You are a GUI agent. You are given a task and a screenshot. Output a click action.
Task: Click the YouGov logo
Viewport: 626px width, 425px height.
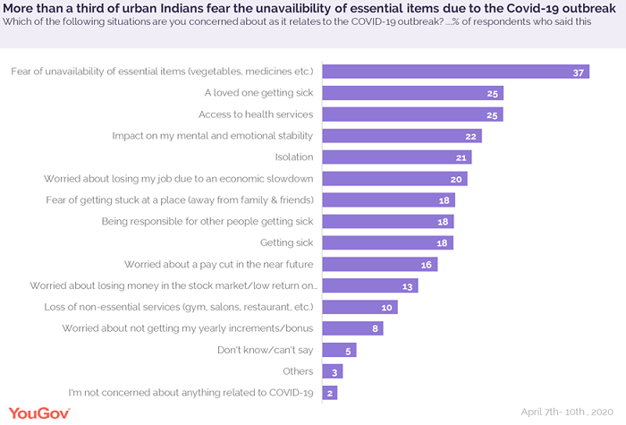coord(37,412)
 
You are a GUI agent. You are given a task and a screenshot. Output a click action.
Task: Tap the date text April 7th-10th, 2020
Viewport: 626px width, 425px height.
coord(569,412)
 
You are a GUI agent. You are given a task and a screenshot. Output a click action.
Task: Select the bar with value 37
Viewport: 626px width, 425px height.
coord(455,72)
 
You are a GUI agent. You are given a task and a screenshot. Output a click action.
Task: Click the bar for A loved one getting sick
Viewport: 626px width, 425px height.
coord(412,93)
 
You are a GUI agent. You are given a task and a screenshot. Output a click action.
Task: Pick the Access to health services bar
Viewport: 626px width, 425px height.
coord(412,115)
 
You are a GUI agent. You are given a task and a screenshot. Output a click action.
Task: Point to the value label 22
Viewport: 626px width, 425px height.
coord(470,136)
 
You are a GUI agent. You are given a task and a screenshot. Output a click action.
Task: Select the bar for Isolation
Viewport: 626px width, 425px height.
coord(396,157)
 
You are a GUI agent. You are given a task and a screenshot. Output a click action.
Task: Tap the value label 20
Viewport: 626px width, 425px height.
coord(456,178)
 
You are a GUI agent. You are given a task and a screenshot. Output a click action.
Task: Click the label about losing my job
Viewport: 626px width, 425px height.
coord(179,178)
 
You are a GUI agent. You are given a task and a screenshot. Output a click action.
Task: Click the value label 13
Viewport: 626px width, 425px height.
coord(406,285)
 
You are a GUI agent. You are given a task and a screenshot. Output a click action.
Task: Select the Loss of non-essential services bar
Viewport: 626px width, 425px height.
coord(359,307)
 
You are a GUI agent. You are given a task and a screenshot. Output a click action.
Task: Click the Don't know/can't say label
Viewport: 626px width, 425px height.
coord(265,350)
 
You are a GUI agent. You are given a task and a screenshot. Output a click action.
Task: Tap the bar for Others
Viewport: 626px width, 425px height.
coord(332,371)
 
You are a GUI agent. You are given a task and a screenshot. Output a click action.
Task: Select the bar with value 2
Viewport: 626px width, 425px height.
coord(329,393)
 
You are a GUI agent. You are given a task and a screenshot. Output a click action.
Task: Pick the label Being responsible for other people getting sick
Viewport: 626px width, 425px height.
coord(207,221)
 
